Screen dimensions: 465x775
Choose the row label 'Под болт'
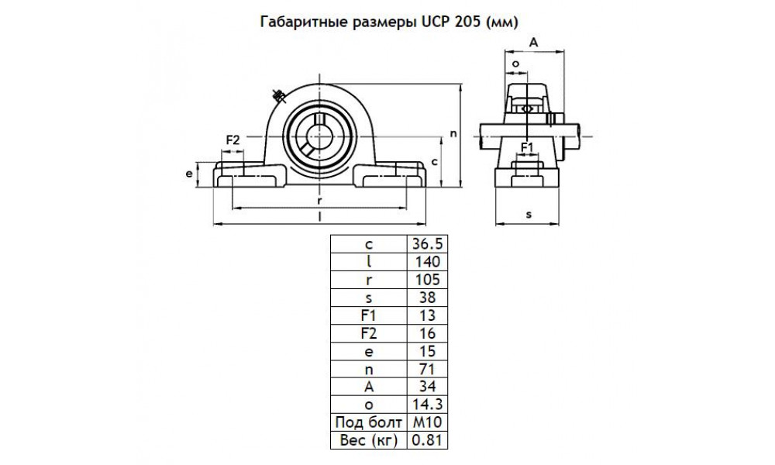(367, 422)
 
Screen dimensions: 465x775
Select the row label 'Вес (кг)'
(367, 440)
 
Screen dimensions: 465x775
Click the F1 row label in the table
(367, 315)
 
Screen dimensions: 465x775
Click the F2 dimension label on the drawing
(232, 139)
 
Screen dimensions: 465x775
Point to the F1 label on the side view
(527, 146)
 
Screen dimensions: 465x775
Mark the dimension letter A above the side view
(533, 43)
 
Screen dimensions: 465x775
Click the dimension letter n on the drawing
(453, 133)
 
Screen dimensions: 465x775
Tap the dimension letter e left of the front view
(189, 174)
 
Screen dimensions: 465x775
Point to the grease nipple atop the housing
(277, 95)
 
